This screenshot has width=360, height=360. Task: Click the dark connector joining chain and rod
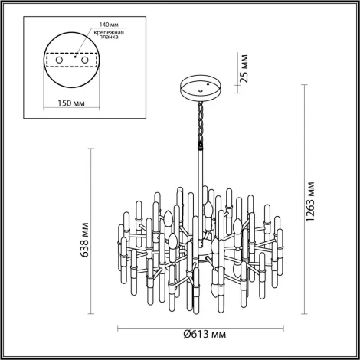point(203,142)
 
